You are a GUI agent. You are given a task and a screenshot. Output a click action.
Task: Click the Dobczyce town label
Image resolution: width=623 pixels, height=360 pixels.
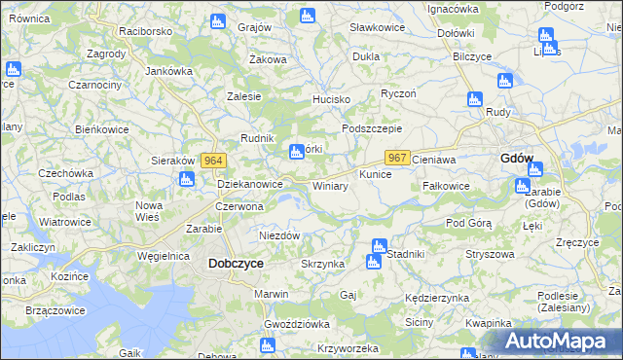click(236, 263)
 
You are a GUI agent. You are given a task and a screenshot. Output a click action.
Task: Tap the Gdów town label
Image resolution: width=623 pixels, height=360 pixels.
click(516, 159)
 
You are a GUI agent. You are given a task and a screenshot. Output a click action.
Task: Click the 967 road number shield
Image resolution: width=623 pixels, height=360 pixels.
click(396, 157)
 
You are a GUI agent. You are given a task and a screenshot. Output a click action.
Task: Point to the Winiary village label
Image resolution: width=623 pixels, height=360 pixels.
click(330, 185)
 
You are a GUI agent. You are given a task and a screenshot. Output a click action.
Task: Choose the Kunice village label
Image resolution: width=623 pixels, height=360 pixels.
click(375, 175)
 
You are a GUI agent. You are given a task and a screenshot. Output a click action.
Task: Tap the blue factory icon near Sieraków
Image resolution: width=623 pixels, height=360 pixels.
click(186, 179)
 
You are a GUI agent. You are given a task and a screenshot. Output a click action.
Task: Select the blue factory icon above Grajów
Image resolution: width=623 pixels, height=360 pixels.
click(308, 16)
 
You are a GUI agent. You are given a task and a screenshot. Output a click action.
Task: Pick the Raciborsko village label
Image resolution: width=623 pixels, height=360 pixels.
click(145, 31)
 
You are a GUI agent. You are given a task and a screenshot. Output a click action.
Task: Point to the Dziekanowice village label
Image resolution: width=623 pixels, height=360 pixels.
click(250, 183)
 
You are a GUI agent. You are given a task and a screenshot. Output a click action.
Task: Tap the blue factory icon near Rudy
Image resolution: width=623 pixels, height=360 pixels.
click(475, 99)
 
